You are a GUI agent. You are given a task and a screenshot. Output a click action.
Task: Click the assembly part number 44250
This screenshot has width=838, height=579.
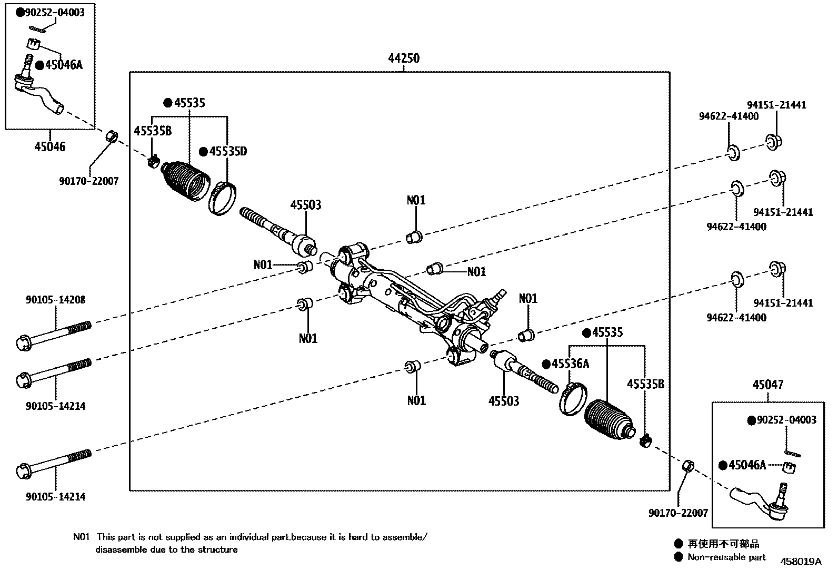click(404, 58)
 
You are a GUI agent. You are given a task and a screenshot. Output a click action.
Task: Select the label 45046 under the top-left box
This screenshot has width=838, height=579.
click(50, 146)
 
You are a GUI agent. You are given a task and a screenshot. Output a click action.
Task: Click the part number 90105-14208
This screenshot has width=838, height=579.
click(55, 300)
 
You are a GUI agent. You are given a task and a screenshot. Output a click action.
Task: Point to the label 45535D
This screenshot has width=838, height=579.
click(227, 152)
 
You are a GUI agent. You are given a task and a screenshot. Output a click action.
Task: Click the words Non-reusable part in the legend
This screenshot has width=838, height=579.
click(726, 557)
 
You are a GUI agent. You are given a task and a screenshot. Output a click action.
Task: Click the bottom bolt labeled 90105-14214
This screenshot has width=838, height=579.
click(53, 462)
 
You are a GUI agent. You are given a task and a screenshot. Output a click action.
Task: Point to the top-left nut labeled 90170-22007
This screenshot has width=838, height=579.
click(112, 135)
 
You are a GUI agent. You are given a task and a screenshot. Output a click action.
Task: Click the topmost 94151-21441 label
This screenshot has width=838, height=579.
click(776, 105)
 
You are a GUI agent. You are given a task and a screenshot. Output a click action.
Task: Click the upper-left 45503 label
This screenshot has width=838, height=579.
click(305, 205)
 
